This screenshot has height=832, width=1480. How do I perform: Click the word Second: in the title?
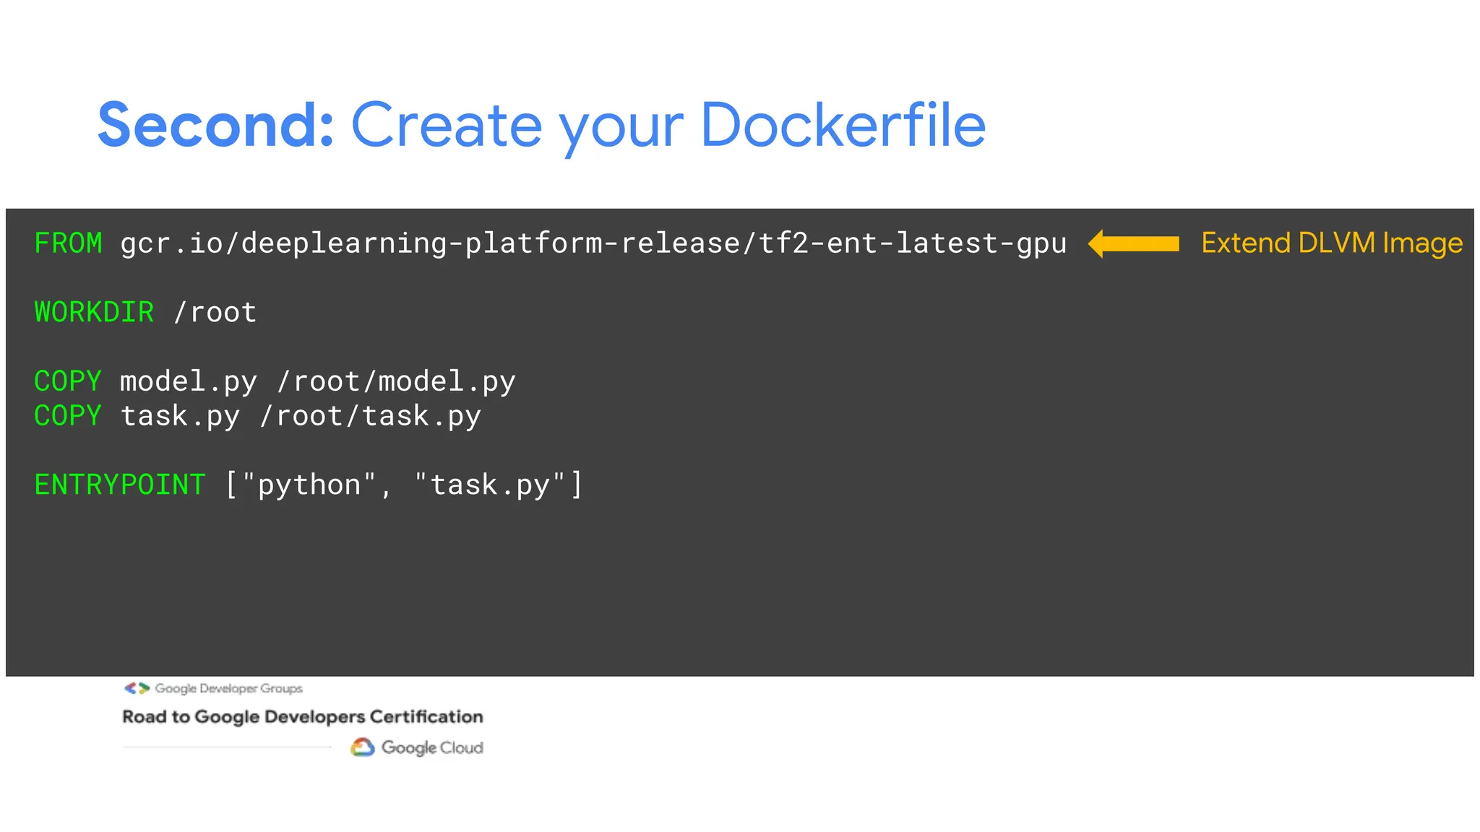click(x=215, y=126)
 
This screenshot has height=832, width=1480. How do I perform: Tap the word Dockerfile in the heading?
click(x=843, y=126)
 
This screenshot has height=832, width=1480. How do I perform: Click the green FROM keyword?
click(x=68, y=243)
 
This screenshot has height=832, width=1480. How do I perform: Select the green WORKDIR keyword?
click(x=94, y=313)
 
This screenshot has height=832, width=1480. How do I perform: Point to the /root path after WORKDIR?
click(x=215, y=313)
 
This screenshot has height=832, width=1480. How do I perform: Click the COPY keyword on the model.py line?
click(x=68, y=381)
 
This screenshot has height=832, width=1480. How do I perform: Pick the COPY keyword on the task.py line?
click(x=68, y=416)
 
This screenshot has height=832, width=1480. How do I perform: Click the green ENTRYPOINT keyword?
click(x=120, y=485)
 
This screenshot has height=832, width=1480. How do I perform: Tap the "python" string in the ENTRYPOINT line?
click(x=309, y=485)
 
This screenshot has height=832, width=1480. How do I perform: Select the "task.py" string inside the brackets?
click(x=490, y=485)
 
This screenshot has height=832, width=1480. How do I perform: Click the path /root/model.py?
click(x=396, y=381)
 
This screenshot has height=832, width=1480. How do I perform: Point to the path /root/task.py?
click(x=370, y=416)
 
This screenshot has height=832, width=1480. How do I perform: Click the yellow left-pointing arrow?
click(x=1133, y=243)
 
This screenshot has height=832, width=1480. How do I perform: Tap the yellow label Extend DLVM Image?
click(x=1332, y=243)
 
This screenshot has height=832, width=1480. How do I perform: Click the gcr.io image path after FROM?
click(x=593, y=243)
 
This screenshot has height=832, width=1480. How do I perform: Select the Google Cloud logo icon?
click(x=362, y=747)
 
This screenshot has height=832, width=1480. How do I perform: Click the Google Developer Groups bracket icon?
click(x=137, y=688)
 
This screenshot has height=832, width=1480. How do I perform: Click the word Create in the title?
click(x=446, y=126)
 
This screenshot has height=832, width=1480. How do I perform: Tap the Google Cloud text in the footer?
click(x=432, y=747)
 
